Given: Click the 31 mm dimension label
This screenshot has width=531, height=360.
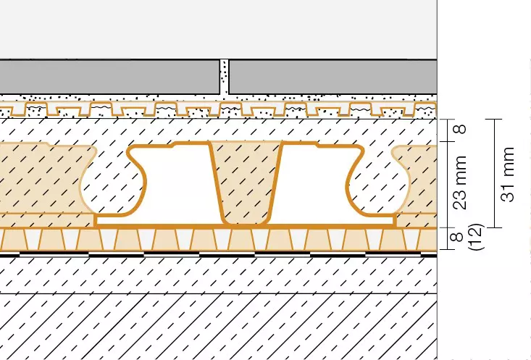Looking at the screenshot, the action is click(509, 174).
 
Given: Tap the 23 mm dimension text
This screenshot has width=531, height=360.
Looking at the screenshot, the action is click(460, 183).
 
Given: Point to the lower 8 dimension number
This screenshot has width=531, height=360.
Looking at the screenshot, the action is click(457, 237).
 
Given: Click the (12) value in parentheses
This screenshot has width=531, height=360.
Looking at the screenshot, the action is click(475, 237).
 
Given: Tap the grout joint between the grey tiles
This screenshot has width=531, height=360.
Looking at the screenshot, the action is click(224, 78).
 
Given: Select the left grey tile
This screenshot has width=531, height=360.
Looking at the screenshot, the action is click(109, 78).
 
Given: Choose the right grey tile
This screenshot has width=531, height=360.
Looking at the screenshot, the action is click(333, 78).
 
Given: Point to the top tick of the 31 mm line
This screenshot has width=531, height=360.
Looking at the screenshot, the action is click(494, 120).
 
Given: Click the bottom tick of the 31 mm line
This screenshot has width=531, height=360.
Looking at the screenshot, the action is click(494, 227).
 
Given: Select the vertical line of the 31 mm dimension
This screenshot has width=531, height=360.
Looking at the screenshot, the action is click(494, 173).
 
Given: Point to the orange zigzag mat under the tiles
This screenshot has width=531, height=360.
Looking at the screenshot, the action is click(219, 109).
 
